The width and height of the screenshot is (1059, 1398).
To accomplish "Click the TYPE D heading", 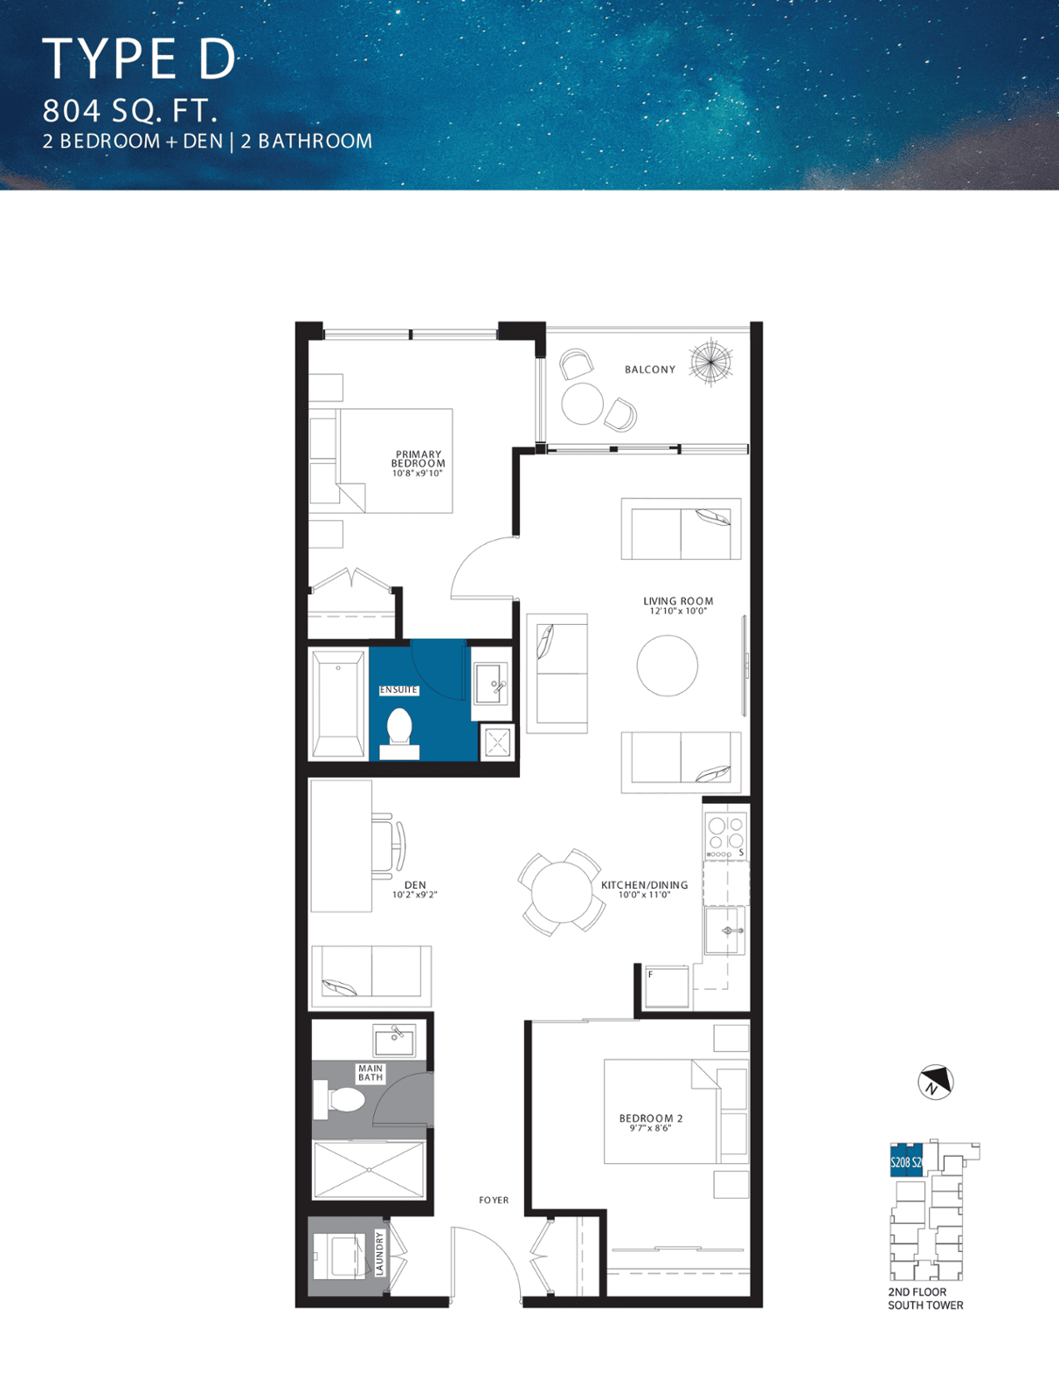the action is point(139,59).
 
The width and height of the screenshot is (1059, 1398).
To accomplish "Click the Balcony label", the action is point(649,370).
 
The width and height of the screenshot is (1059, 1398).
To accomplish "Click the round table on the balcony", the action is point(582,403).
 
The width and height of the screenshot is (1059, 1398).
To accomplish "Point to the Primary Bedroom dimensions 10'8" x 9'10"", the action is point(417,474).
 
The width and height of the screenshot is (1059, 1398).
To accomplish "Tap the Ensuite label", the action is point(398,689).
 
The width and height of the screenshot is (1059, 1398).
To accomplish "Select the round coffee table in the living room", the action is point(668,666).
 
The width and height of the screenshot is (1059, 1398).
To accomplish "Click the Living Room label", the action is point(678,600).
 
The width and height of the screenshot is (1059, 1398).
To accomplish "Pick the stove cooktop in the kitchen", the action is point(726,835).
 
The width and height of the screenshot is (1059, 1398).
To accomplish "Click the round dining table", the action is point(562,892).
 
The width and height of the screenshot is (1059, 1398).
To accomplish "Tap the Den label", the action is point(415,884).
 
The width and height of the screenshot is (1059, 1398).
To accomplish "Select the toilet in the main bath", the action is point(339,1098).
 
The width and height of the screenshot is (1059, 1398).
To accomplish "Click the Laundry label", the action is point(379,1254).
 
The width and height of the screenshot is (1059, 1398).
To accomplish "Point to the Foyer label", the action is point(494,1200).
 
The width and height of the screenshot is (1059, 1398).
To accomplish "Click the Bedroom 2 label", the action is point(651,1118).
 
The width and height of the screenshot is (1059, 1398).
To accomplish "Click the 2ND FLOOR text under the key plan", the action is point(917,1291).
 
